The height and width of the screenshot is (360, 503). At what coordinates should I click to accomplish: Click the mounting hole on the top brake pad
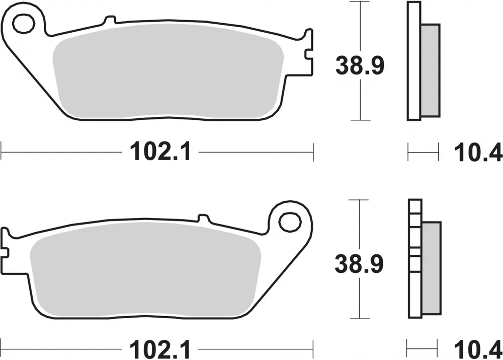pyautogui.click(x=24, y=23)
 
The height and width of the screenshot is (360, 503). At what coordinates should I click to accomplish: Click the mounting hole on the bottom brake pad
pyautogui.click(x=290, y=222)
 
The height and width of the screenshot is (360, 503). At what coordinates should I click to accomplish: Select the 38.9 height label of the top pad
pyautogui.click(x=360, y=65)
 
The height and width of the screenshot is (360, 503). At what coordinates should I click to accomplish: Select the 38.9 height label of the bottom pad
pyautogui.click(x=359, y=264)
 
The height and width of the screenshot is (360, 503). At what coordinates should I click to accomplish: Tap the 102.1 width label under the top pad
pyautogui.click(x=160, y=151)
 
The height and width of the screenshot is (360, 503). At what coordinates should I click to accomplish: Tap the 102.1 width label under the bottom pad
pyautogui.click(x=160, y=349)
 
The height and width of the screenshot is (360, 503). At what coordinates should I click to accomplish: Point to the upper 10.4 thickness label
pyautogui.click(x=478, y=152)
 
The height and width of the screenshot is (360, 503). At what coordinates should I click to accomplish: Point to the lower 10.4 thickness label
pyautogui.click(x=478, y=349)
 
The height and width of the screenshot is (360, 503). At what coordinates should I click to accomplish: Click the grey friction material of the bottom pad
pyautogui.click(x=145, y=268)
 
